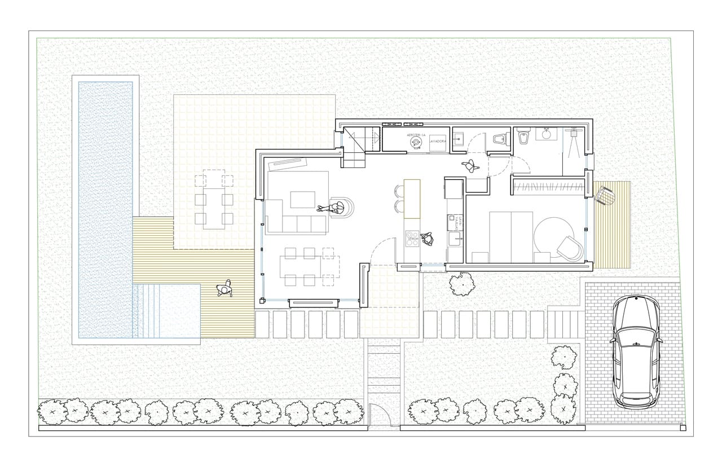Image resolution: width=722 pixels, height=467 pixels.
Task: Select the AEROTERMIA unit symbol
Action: pyautogui.click(x=416, y=143)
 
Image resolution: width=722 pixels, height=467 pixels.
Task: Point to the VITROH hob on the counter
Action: pyautogui.click(x=413, y=237)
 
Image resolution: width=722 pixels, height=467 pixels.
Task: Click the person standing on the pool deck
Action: pyautogui.click(x=224, y=289)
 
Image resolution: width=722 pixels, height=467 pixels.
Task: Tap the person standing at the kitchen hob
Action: pyautogui.click(x=429, y=239)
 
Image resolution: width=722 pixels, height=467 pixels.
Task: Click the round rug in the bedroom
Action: pyautogui.click(x=554, y=238)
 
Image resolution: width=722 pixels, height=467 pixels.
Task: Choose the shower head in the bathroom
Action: pyautogui.click(x=574, y=133)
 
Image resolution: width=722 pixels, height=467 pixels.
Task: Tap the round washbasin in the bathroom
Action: pyautogui.click(x=545, y=134)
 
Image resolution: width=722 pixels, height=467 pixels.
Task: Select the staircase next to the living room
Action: pyautogui.click(x=355, y=148)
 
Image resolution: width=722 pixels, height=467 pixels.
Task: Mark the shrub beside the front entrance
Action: pyautogui.click(x=463, y=284)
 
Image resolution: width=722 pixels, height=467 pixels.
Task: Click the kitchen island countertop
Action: pyautogui.click(x=412, y=199)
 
